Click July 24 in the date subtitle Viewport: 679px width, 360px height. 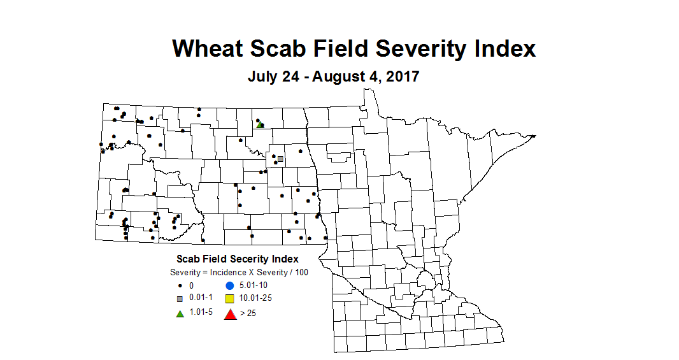click(271, 77)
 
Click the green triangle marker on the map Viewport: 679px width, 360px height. click(260, 125)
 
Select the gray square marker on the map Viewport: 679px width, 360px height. click(280, 159)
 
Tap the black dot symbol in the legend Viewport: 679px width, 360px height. click(180, 286)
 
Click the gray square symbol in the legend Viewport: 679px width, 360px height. click(180, 299)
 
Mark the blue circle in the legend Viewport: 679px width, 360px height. click(230, 286)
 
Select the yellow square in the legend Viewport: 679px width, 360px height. click(230, 299)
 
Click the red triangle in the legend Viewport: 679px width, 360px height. click(230, 313)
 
